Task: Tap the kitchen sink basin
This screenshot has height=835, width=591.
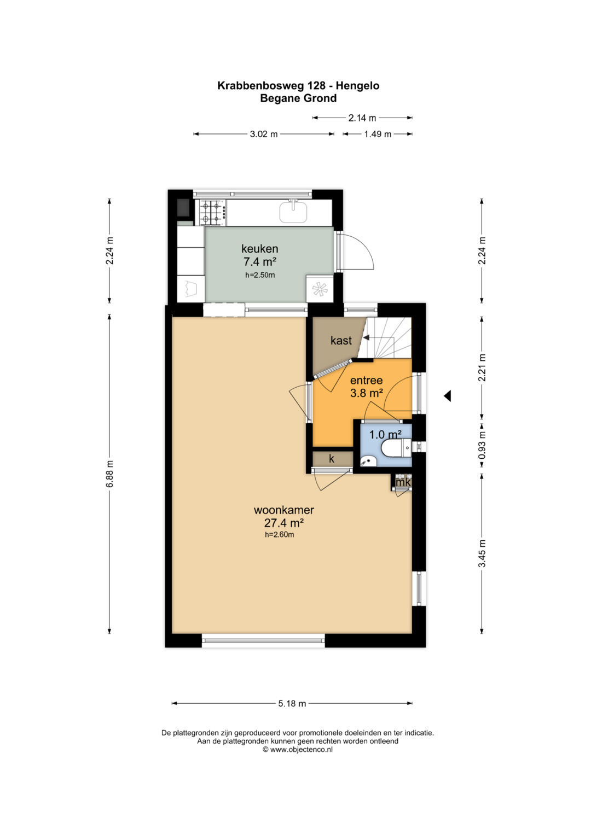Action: tap(293, 212)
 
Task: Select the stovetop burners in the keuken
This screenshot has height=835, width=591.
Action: tap(211, 212)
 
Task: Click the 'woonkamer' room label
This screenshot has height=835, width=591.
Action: tap(283, 510)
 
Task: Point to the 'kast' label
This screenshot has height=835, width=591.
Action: tap(341, 340)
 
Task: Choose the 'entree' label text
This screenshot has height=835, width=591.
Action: tap(367, 380)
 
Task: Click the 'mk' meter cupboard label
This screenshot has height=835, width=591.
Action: tap(403, 482)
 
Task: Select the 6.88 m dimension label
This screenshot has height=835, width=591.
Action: tap(109, 474)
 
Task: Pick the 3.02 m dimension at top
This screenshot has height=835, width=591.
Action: tap(263, 134)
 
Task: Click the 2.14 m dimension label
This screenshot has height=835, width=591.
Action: tap(362, 118)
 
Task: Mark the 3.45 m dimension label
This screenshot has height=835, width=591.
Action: tap(482, 553)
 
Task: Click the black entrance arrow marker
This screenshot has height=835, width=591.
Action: tap(448, 396)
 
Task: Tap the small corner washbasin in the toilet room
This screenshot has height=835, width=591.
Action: tap(368, 461)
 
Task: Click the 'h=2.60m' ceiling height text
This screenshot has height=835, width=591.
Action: tap(280, 535)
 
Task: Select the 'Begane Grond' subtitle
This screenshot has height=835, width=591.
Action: tap(298, 98)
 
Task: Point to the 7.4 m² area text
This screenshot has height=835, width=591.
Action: tap(260, 262)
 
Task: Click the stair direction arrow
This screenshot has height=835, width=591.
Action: tap(366, 337)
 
